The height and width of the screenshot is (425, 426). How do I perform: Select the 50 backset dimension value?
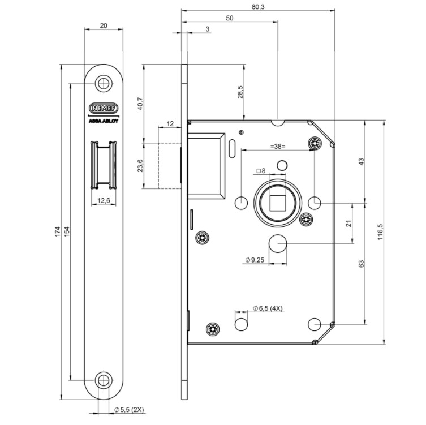tap(230, 18)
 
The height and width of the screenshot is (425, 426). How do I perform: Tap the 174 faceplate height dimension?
tap(58, 233)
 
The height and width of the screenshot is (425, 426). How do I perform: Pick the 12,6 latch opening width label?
tap(103, 200)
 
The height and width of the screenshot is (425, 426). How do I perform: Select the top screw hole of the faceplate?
tap(103, 84)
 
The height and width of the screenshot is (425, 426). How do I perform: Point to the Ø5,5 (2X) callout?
tap(130, 409)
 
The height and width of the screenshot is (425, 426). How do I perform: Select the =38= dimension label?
tap(276, 147)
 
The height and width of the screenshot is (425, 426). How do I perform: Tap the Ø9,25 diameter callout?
tap(256, 260)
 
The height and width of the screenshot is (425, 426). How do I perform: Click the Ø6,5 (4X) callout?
tap(270, 308)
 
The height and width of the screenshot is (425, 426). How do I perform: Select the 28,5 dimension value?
tap(240, 93)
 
